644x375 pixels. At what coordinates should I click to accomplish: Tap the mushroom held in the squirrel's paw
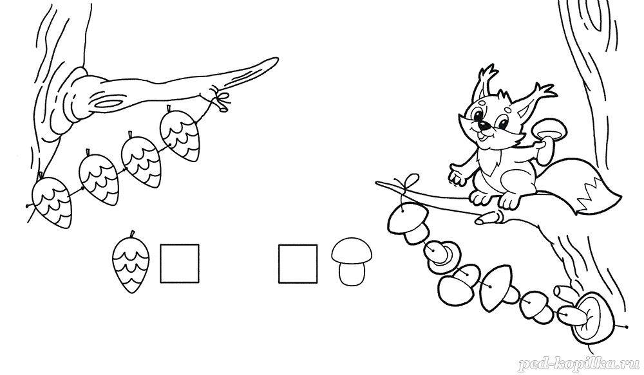point(548,140)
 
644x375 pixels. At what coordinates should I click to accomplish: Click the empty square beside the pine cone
point(180,264)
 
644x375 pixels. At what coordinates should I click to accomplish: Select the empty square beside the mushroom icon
point(298,264)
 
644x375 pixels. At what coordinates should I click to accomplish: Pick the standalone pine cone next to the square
point(131,262)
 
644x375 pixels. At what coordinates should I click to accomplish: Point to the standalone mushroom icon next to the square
point(352,261)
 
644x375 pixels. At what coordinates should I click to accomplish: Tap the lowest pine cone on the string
point(52,201)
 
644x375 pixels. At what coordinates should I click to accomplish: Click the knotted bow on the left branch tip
point(220,98)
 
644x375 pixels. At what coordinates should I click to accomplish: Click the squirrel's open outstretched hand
point(457,175)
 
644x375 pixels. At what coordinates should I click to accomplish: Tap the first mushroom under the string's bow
point(408,222)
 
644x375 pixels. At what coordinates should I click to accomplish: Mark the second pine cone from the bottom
point(99,178)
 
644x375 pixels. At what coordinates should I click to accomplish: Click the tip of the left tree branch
point(278,60)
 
